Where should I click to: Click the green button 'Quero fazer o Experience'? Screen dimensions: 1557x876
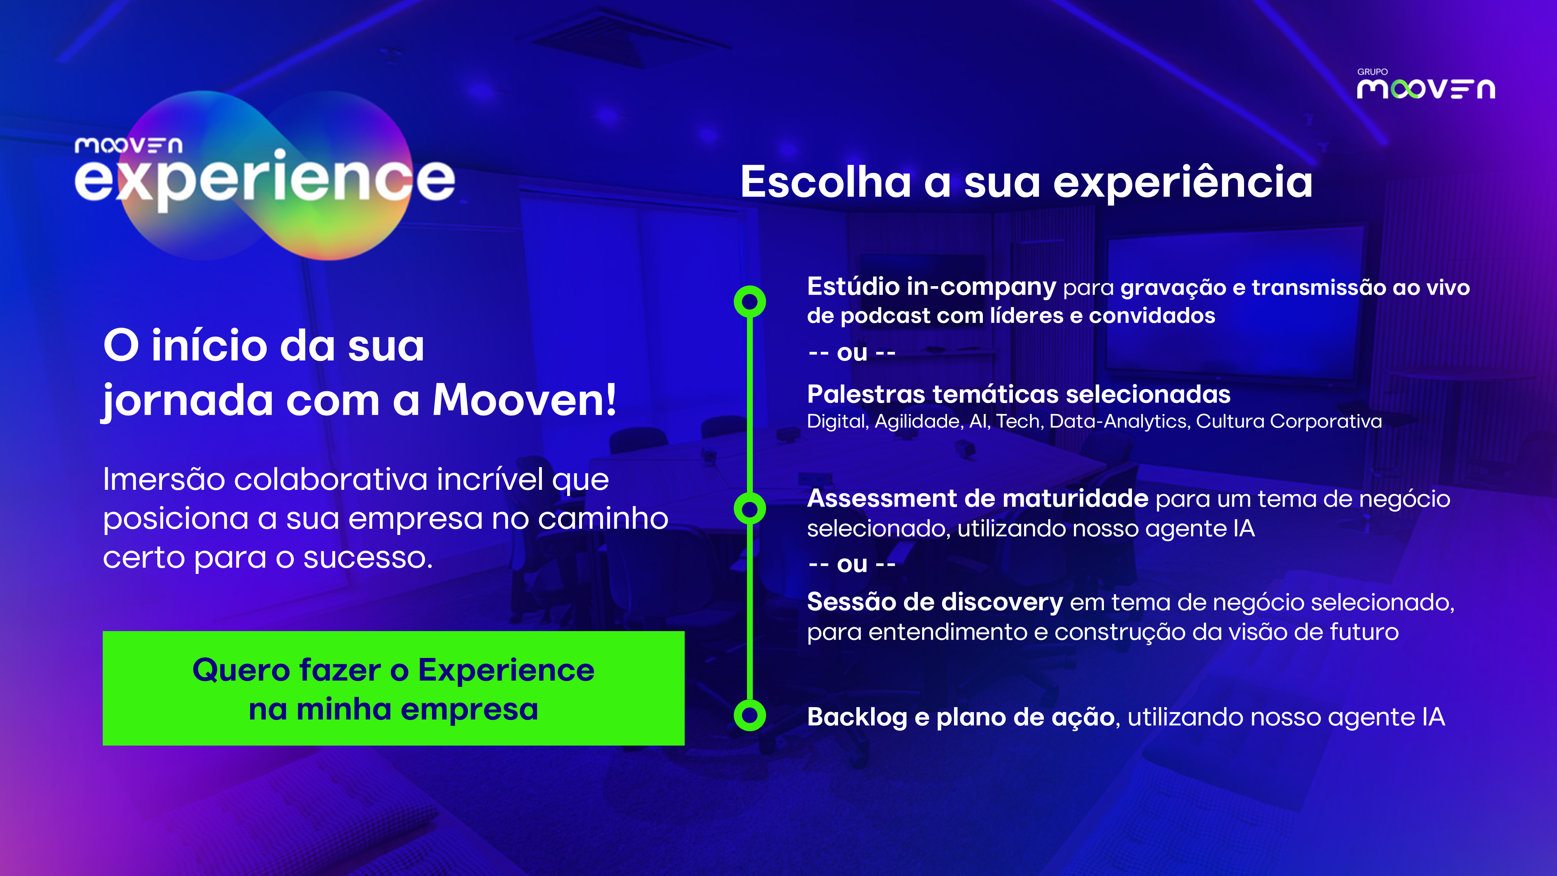point(394,688)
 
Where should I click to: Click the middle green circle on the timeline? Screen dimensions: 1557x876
point(749,509)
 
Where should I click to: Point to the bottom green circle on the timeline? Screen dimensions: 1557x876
point(749,715)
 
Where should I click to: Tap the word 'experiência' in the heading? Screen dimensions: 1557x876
point(1183,183)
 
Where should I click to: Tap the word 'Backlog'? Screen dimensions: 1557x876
point(857,718)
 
